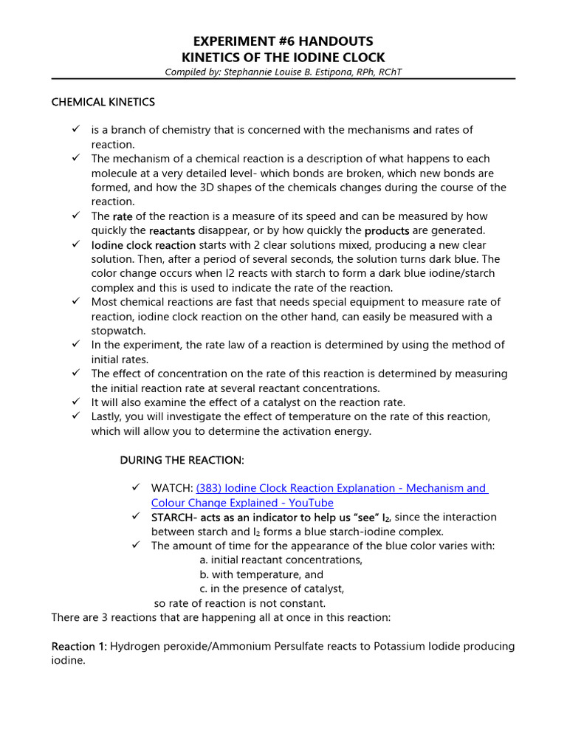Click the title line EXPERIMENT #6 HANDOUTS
tap(283, 41)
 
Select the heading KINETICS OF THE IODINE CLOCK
tap(283, 57)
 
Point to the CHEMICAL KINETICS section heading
tap(103, 102)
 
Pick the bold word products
tap(387, 230)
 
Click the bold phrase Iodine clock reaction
tap(143, 245)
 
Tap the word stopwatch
tap(119, 331)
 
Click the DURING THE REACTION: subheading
tap(182, 460)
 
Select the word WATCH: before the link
tap(172, 488)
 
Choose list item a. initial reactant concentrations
tap(281, 560)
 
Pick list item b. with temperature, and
tap(261, 574)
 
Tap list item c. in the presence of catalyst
tap(272, 588)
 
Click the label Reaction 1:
tap(79, 647)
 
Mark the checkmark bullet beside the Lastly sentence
tap(75, 416)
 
